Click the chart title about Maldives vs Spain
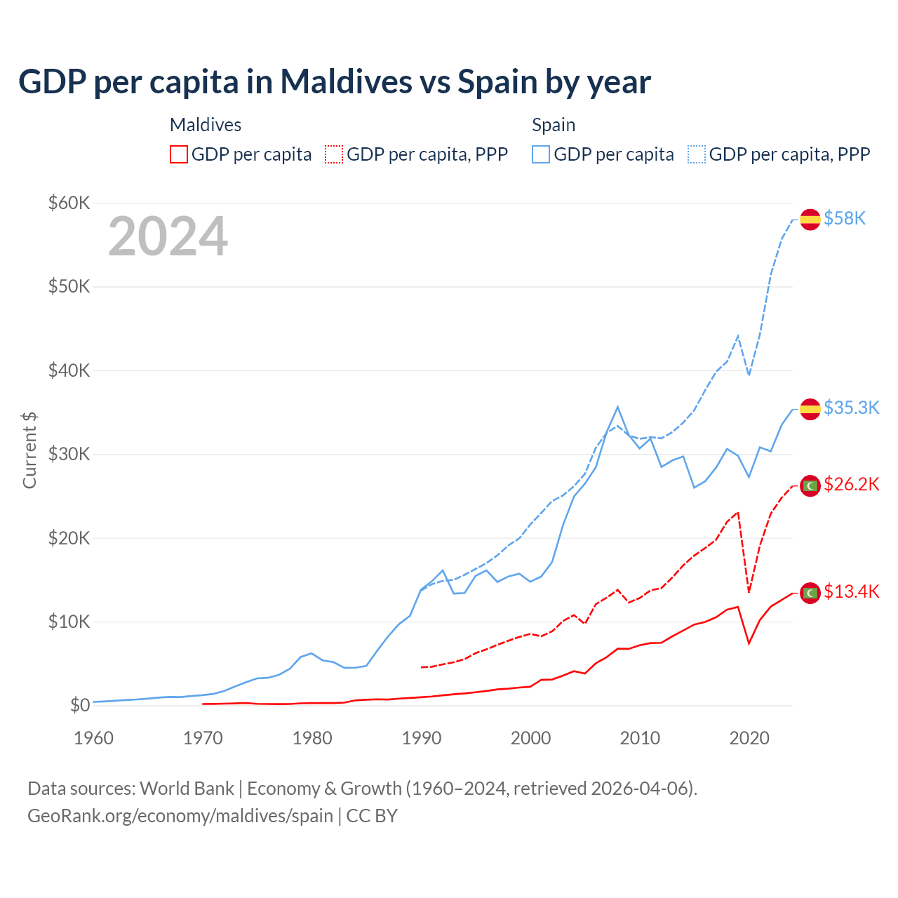[x=335, y=82]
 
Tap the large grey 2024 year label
[x=168, y=236]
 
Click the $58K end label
[x=845, y=219]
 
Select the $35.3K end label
[x=851, y=408]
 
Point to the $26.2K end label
[x=851, y=484]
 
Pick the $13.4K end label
[x=851, y=591]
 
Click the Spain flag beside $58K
[x=810, y=219]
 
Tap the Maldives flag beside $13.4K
[x=810, y=593]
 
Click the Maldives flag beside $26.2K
[x=810, y=485]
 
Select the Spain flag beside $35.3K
[x=810, y=408]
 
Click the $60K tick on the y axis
[x=69, y=203]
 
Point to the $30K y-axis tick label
[x=69, y=454]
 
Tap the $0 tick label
[x=80, y=705]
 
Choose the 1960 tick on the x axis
[x=93, y=738]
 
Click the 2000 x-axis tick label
[x=530, y=738]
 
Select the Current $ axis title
[x=29, y=450]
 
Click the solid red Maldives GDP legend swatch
[x=179, y=154]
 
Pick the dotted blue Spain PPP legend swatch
[x=697, y=154]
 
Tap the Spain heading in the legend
[x=554, y=125]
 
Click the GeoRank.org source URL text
[x=180, y=816]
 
